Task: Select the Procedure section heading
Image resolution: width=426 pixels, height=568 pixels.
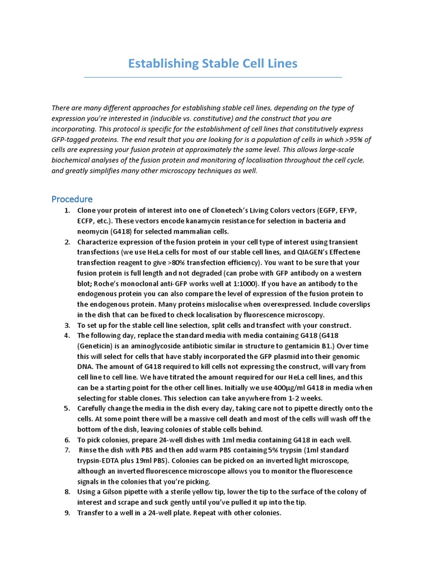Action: (x=72, y=199)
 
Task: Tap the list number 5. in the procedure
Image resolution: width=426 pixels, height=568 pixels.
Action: (x=67, y=409)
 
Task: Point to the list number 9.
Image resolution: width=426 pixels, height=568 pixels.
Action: (x=67, y=513)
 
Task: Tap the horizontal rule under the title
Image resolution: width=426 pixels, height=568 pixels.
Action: (x=213, y=77)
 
